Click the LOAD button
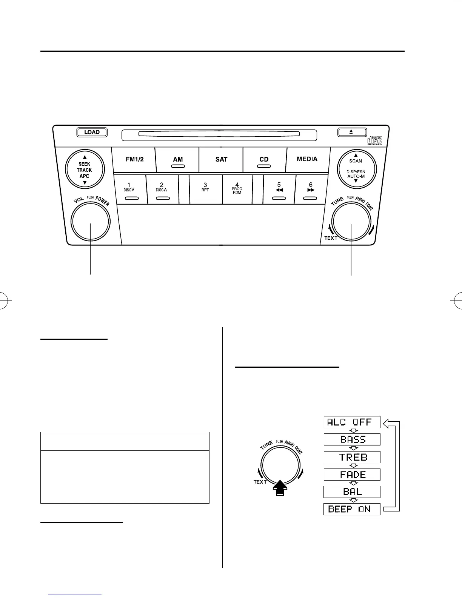point(92,132)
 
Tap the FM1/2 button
point(134,159)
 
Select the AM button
point(178,160)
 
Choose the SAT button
point(221,159)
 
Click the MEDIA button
point(307,159)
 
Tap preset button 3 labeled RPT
point(205,189)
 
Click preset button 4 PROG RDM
point(237,189)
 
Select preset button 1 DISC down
point(129,189)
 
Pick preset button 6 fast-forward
point(311,189)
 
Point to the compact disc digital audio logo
point(374,140)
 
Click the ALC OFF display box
point(352,422)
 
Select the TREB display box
point(352,457)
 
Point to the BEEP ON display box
point(352,509)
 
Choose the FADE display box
point(352,475)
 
